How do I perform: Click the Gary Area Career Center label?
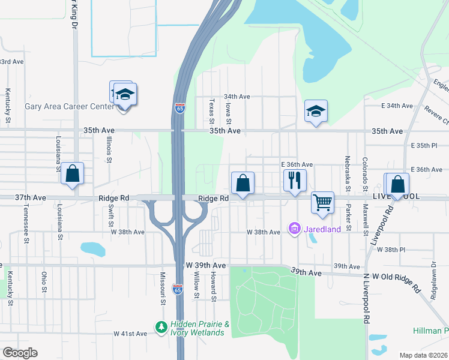pyautogui.click(x=69, y=106)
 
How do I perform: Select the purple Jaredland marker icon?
pyautogui.click(x=294, y=229)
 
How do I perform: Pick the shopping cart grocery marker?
pyautogui.click(x=322, y=202)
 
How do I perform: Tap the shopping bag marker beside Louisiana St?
pyautogui.click(x=73, y=174)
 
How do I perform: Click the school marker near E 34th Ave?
pyautogui.click(x=316, y=111)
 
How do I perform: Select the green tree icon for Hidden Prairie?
pyautogui.click(x=161, y=327)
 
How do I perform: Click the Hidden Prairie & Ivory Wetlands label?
pyautogui.click(x=200, y=328)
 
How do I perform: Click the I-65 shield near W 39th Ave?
pyautogui.click(x=178, y=289)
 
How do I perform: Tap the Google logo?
pyautogui.click(x=20, y=353)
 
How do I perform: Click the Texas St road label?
pyautogui.click(x=211, y=112)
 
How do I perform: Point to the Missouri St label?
pyautogui.click(x=162, y=289)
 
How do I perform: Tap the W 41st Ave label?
pyautogui.click(x=130, y=333)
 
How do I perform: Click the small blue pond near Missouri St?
pyautogui.click(x=92, y=248)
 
